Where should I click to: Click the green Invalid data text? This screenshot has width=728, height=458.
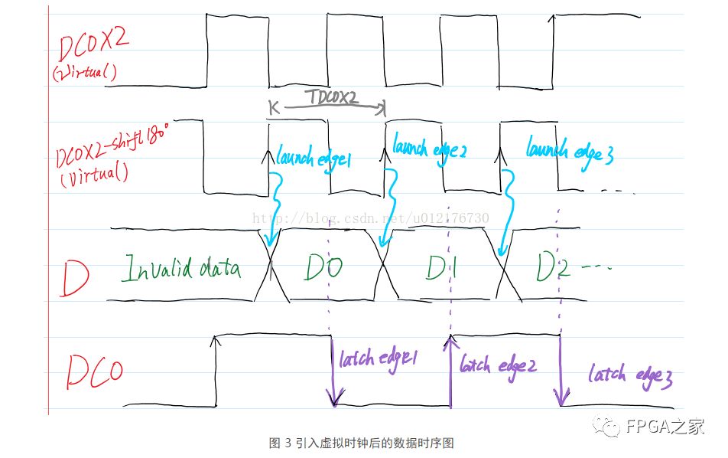click(182, 270)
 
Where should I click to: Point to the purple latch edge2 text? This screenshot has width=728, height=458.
click(498, 365)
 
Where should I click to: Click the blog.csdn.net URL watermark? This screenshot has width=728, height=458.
click(371, 218)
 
